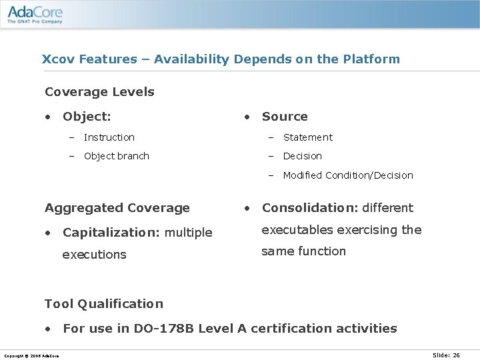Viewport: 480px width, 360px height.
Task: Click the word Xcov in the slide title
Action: pos(59,59)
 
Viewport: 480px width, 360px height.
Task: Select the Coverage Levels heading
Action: pos(99,92)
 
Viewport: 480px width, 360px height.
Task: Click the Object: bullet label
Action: pos(87,117)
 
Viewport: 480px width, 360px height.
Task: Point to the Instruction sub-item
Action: pos(109,137)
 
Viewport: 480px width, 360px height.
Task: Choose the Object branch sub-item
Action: pos(116,156)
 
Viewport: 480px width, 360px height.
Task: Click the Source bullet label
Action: pos(285,117)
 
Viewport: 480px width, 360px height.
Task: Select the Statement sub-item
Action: pos(307,137)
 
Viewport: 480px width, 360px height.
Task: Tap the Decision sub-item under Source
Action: pos(302,156)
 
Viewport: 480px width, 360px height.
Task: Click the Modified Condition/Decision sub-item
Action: pos(348,175)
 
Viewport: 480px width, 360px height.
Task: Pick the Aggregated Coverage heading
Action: pos(117,208)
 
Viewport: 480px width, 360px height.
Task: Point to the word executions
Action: pos(94,255)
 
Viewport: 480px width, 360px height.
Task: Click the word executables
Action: pos(297,230)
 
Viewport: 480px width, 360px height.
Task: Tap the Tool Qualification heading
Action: pos(103,304)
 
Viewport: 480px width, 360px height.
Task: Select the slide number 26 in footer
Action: pos(456,355)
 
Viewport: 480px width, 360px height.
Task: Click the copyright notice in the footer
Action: pos(31,356)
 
